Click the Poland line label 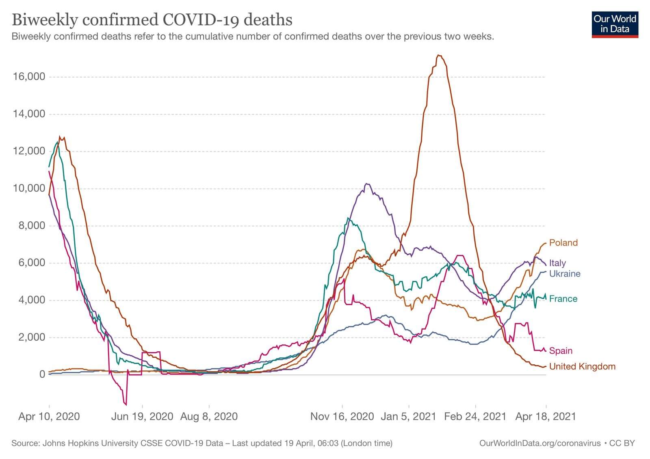(563, 243)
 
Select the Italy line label (557, 263)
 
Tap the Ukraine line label (565, 274)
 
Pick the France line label (563, 299)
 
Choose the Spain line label (561, 350)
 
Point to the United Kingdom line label (582, 366)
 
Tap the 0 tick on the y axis (42, 374)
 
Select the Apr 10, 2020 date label (49, 416)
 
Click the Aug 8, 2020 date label (209, 416)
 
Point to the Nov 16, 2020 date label (342, 416)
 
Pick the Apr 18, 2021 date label (546, 416)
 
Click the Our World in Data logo (615, 24)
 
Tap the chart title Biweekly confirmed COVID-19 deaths (152, 20)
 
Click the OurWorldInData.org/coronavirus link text (540, 443)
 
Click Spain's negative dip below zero (126, 405)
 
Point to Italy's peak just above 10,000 (367, 184)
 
